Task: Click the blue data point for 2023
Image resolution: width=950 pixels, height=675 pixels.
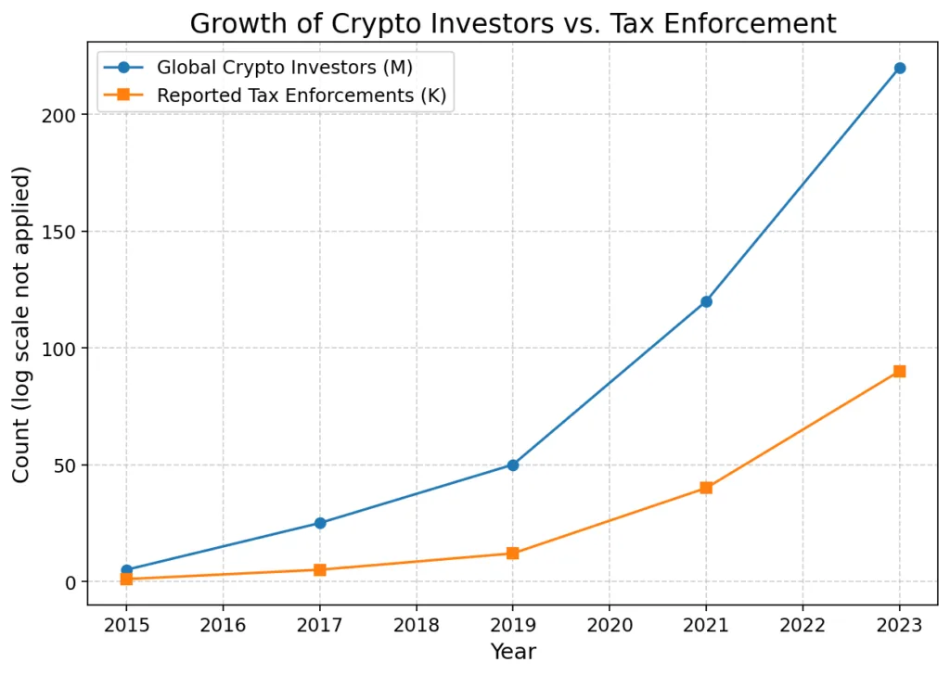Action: point(899,68)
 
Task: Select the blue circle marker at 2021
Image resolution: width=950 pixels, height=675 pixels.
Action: point(706,301)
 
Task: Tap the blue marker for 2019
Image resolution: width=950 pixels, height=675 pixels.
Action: point(512,465)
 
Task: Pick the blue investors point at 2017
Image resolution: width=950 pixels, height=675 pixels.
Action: point(319,523)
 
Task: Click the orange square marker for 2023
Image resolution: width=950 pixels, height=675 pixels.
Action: point(899,371)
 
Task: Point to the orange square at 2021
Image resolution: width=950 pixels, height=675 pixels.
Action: point(706,488)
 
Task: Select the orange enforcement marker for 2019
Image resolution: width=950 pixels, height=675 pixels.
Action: point(512,554)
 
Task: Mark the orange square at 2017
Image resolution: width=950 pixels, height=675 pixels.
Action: point(319,569)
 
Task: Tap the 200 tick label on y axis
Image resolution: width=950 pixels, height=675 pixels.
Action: point(60,115)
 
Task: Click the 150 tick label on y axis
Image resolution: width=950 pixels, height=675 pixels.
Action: point(60,232)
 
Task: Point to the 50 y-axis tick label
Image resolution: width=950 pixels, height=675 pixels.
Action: point(65,465)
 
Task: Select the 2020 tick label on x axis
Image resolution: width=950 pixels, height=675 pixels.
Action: point(610,626)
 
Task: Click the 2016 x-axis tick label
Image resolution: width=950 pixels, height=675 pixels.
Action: point(223,626)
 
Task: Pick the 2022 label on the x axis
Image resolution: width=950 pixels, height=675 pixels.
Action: point(802,626)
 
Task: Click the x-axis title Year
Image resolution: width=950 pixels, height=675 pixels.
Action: point(513,652)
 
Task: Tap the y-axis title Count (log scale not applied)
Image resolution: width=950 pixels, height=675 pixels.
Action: point(21,325)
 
